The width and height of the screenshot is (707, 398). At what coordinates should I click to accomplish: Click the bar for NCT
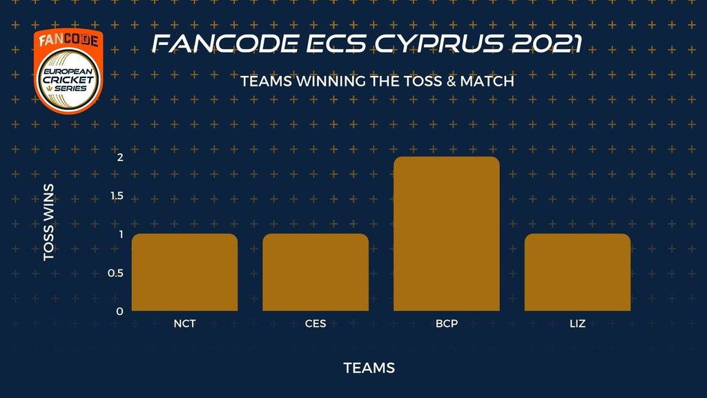coord(184,272)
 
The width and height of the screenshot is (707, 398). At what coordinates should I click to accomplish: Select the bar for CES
coord(316,272)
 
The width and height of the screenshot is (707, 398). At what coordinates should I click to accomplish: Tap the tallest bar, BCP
coord(447,234)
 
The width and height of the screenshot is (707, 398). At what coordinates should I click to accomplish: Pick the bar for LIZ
coord(578,272)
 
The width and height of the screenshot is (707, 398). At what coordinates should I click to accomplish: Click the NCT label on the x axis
coord(184,323)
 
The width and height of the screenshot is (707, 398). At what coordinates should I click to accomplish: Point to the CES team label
coord(316,323)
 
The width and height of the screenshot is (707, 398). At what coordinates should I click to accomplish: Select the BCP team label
coord(447,323)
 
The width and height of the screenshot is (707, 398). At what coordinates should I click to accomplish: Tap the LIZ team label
coord(578,323)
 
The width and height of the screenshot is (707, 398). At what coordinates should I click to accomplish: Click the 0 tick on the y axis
coord(119,312)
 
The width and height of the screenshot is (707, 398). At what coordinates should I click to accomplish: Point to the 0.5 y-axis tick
coord(115,273)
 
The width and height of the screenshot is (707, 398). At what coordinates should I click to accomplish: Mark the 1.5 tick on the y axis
coord(117,196)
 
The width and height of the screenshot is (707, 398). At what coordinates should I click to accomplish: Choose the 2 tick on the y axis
coord(120,157)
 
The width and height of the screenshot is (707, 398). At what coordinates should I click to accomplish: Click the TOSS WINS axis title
coord(49,222)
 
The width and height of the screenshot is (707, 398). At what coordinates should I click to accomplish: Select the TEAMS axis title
coord(369,368)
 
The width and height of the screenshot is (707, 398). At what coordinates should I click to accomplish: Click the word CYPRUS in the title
coord(439,44)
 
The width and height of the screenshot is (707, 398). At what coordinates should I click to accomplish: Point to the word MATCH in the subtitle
coord(487,82)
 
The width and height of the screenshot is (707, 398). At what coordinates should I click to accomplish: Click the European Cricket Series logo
coord(68,71)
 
